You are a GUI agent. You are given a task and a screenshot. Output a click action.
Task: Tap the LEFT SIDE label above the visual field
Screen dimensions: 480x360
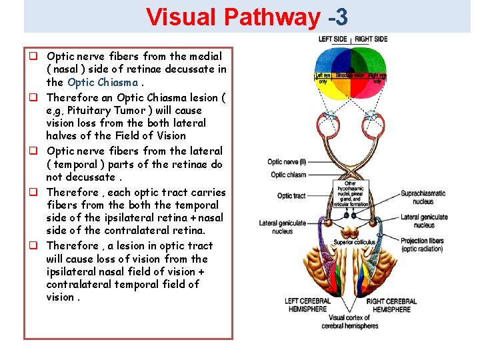(x=333, y=39)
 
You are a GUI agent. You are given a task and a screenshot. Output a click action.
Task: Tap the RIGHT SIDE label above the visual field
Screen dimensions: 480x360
(x=371, y=39)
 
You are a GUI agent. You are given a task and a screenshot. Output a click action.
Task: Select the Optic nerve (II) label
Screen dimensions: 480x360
(x=286, y=162)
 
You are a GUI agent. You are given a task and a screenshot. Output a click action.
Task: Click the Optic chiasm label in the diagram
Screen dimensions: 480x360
(x=288, y=175)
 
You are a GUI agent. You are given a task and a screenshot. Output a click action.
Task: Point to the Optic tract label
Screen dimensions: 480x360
(x=291, y=195)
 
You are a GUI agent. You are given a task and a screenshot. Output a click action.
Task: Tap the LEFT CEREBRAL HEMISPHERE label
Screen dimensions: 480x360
(x=307, y=305)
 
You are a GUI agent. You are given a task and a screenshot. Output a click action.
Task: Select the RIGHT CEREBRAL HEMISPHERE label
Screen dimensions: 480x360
(x=391, y=305)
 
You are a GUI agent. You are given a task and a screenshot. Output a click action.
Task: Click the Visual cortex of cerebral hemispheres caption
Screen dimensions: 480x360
(x=350, y=321)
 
